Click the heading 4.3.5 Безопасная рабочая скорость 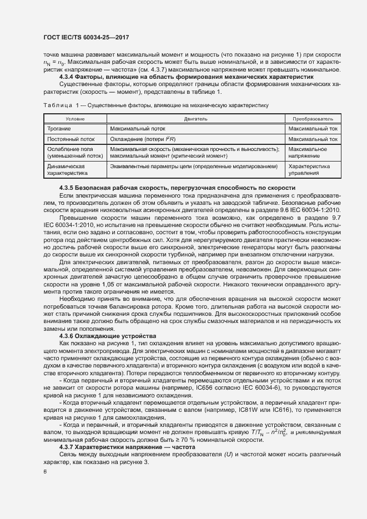coord(177,188)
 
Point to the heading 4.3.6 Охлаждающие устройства coord(108,336)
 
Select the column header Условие coord(75,119)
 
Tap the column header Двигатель coord(195,119)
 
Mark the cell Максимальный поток coord(134,129)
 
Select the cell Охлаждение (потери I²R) coord(143,139)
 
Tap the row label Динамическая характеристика coord(68,169)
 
